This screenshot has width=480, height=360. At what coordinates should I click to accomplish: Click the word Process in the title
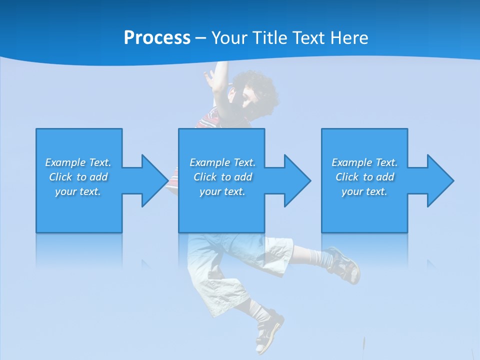(157, 38)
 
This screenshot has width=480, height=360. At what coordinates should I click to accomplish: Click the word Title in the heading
(270, 38)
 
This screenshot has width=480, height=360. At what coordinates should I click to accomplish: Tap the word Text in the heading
(309, 38)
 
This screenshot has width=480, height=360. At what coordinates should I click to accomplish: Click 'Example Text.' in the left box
(78, 162)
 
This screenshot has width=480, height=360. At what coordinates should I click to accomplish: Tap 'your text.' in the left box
(78, 191)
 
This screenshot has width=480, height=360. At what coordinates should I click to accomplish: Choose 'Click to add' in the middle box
(222, 177)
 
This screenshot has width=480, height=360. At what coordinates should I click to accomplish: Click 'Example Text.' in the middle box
(222, 162)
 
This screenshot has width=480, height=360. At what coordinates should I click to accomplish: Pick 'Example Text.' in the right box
(364, 162)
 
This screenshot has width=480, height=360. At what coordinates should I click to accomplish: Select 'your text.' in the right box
(364, 191)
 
